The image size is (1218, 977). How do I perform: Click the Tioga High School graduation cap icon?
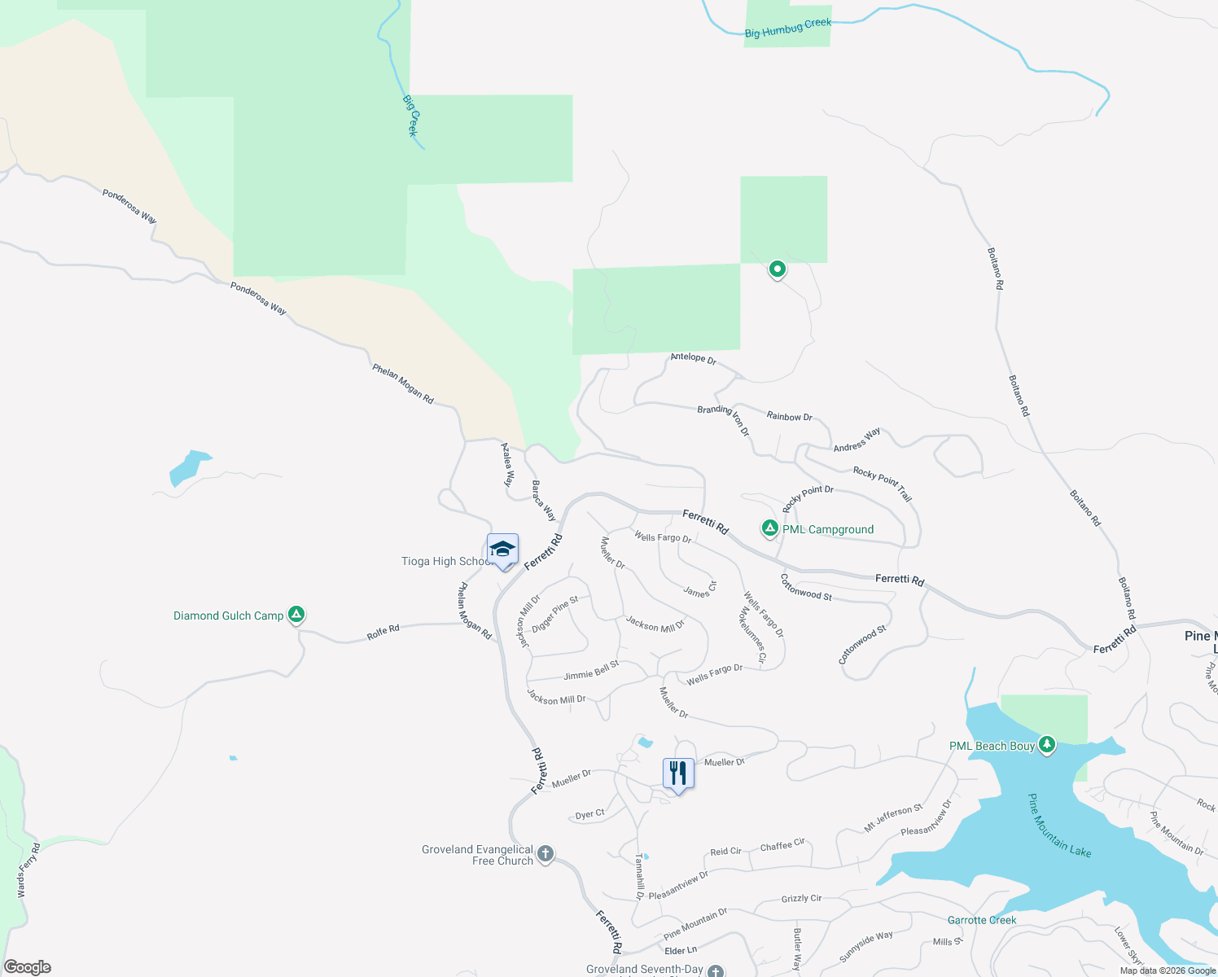pos(502,550)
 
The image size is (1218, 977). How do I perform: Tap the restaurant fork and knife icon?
pos(678,773)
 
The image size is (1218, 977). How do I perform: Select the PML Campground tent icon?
pos(769,528)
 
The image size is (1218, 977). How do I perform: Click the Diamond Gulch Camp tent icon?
pos(296,615)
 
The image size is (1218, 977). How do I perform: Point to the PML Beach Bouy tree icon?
pos(1047,744)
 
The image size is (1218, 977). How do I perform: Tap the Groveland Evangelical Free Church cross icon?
pos(545,854)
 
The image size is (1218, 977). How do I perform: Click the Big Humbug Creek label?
pos(788,28)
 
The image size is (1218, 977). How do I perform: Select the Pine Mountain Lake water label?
pos(1058,826)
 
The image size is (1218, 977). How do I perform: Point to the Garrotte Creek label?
pos(982,920)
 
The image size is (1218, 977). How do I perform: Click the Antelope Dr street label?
pos(693,357)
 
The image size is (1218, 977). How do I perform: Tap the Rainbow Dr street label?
pos(789,416)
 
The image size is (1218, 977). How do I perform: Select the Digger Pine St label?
pos(554,614)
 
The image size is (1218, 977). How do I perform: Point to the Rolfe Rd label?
pos(383,632)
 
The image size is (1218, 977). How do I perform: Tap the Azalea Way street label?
pos(507,465)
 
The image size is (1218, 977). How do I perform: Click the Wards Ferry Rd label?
pos(28,870)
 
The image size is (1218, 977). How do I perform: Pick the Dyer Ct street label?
pos(589,813)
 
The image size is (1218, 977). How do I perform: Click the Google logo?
pos(28,967)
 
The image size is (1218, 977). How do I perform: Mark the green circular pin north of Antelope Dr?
pos(778,269)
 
